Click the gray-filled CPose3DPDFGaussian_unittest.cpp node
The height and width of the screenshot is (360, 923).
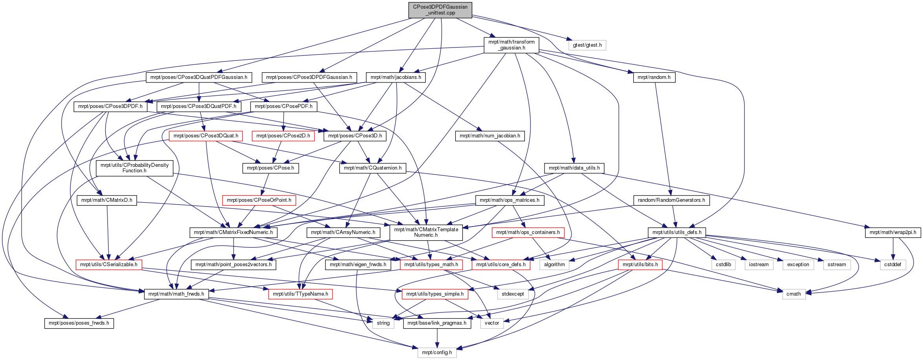click(x=440, y=10)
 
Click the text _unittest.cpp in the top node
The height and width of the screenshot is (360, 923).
click(x=440, y=13)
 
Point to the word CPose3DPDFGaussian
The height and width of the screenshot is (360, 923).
click(x=440, y=7)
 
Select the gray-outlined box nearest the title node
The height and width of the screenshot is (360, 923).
click(x=587, y=45)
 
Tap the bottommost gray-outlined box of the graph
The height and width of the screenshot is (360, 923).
click(x=437, y=353)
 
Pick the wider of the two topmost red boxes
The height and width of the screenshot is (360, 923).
click(x=206, y=136)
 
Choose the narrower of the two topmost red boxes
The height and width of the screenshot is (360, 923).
click(x=283, y=136)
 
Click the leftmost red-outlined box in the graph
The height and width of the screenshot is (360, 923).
click(x=109, y=265)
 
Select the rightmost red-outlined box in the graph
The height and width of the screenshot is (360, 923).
click(x=640, y=265)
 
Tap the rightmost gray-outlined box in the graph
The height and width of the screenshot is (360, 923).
click(x=893, y=265)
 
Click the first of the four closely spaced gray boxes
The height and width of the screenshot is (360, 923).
click(x=723, y=265)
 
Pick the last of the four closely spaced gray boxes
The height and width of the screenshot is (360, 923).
click(x=837, y=265)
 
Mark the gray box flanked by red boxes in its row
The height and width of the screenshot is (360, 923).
click(x=554, y=265)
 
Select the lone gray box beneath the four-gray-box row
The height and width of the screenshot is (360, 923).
click(x=794, y=294)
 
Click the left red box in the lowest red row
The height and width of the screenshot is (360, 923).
click(x=300, y=294)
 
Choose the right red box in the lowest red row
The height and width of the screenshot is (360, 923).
click(x=435, y=294)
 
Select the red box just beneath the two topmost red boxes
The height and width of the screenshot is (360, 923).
click(x=259, y=200)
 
